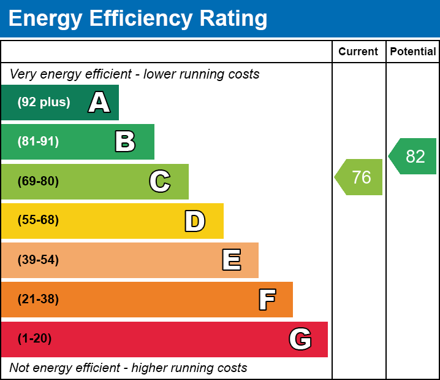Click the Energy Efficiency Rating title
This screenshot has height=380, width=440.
pyautogui.click(x=138, y=19)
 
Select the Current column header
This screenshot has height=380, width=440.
pyautogui.click(x=358, y=52)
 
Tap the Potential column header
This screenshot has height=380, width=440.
pyautogui.click(x=413, y=52)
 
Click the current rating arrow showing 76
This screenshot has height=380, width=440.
pyautogui.click(x=360, y=177)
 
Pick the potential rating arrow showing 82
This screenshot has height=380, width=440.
pyautogui.click(x=414, y=157)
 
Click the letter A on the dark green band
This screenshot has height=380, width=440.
pyautogui.click(x=99, y=103)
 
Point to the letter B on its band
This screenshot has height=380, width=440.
pyautogui.click(x=125, y=142)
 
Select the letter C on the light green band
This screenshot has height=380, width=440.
pyautogui.click(x=159, y=182)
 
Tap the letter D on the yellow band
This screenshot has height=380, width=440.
pyautogui.click(x=195, y=221)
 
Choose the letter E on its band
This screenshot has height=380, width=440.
pyautogui.click(x=231, y=260)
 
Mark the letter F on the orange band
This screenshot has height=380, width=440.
pyautogui.click(x=267, y=300)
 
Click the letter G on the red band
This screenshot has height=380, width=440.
pyautogui.click(x=300, y=339)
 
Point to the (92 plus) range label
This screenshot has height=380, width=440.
pyautogui.click(x=44, y=103)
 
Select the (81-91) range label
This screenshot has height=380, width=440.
pyautogui.click(x=38, y=142)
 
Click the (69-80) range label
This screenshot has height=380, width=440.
pyautogui.click(x=38, y=182)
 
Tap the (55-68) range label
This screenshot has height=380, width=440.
pyautogui.click(x=38, y=220)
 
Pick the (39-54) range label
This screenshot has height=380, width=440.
pyautogui.click(x=38, y=260)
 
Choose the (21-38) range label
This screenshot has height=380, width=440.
pyautogui.click(x=38, y=300)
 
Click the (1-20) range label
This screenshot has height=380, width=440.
pyautogui.click(x=35, y=339)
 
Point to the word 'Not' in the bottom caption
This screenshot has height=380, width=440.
pyautogui.click(x=20, y=368)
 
